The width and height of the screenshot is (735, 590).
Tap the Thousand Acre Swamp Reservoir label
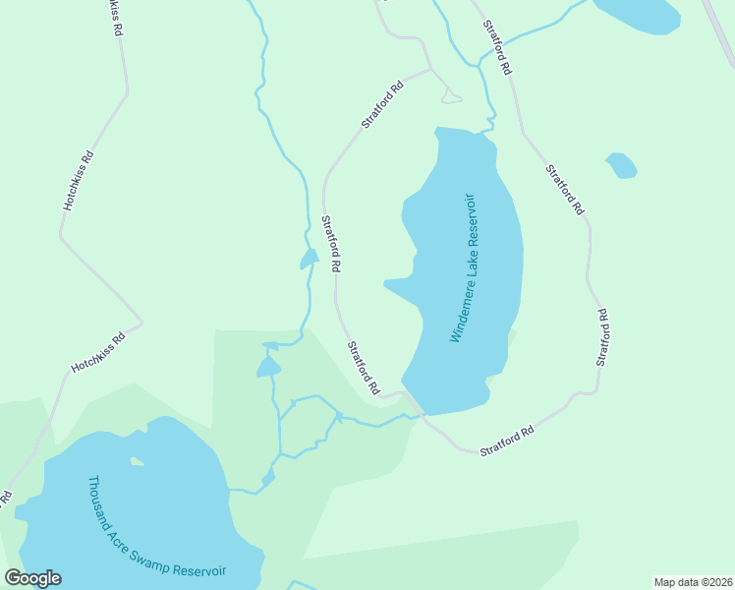tap(157, 528)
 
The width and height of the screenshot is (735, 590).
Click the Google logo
tap(32, 578)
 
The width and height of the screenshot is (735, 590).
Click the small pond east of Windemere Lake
tap(621, 165)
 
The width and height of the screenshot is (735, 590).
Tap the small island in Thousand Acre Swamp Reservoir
tap(138, 459)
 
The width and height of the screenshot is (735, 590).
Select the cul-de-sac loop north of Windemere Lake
tap(451, 96)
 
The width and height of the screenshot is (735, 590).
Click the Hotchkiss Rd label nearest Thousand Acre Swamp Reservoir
tap(98, 353)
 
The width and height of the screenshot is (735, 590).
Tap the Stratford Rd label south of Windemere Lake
tap(507, 440)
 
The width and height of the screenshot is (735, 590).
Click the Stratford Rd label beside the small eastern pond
tap(565, 191)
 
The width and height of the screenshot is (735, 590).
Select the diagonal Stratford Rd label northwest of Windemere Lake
tap(382, 104)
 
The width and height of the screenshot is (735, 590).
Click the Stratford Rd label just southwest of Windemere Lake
tap(363, 368)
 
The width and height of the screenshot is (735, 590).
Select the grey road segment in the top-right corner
tap(722, 29)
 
